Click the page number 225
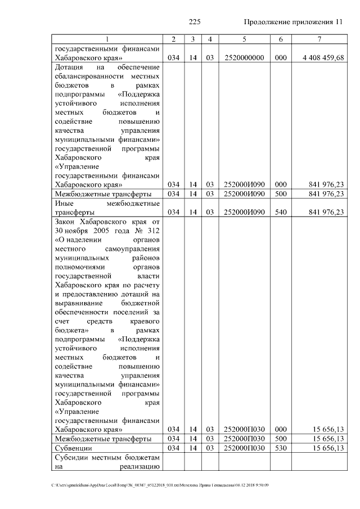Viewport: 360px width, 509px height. (x=195, y=22)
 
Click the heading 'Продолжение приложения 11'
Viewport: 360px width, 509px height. (x=292, y=22)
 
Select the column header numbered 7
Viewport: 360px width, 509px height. (x=319, y=39)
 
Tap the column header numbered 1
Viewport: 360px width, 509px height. (x=107, y=39)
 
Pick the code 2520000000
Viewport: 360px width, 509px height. (x=244, y=58)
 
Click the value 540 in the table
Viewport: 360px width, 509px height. (x=280, y=212)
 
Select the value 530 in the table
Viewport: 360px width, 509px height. (x=280, y=448)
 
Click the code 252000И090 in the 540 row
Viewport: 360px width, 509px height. (x=244, y=212)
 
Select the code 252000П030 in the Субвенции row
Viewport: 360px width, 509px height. (x=244, y=448)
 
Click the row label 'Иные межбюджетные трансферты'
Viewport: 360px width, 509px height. (x=107, y=208)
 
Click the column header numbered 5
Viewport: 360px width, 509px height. (x=244, y=39)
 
